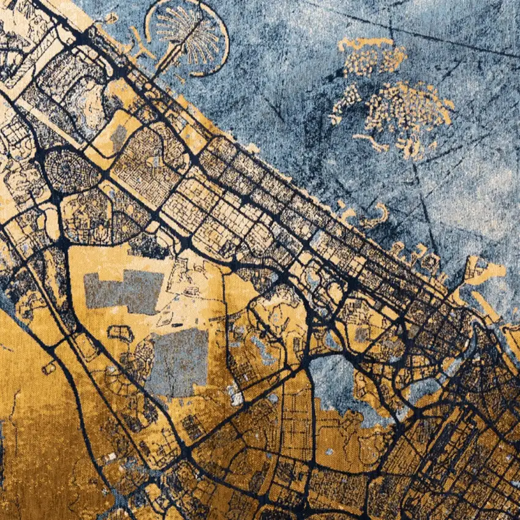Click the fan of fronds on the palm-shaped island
pos(184,28)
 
